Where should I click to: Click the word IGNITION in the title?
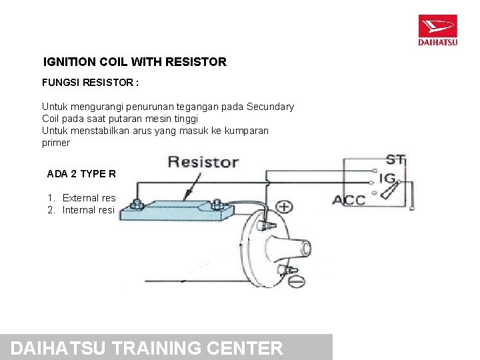(69, 62)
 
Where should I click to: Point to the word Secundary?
(270, 107)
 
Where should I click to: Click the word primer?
(55, 143)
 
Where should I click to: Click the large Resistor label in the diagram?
(203, 161)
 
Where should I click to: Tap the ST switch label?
(396, 160)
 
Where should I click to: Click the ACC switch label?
(349, 200)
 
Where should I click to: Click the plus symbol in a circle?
(284, 207)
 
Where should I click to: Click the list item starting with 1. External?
(81, 198)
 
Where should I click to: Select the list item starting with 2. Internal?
(81, 210)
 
